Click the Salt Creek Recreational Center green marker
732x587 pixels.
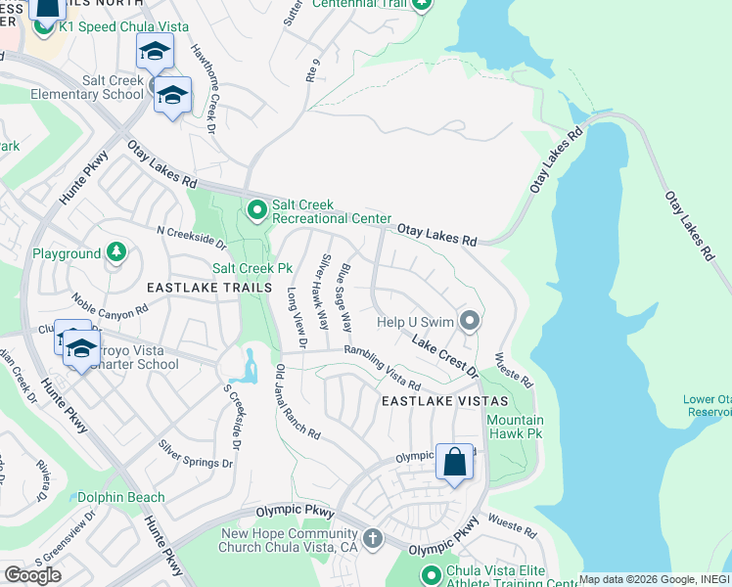click(256, 209)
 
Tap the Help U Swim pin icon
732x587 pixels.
click(471, 321)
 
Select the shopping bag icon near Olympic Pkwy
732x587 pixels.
click(455, 462)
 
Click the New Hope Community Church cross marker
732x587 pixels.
click(372, 539)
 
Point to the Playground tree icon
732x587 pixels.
click(116, 253)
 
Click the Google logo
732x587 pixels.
click(32, 574)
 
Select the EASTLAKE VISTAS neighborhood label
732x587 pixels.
click(444, 402)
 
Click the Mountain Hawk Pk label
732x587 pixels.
click(515, 427)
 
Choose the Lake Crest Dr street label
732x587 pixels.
click(443, 358)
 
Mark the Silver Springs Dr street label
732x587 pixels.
click(196, 453)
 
